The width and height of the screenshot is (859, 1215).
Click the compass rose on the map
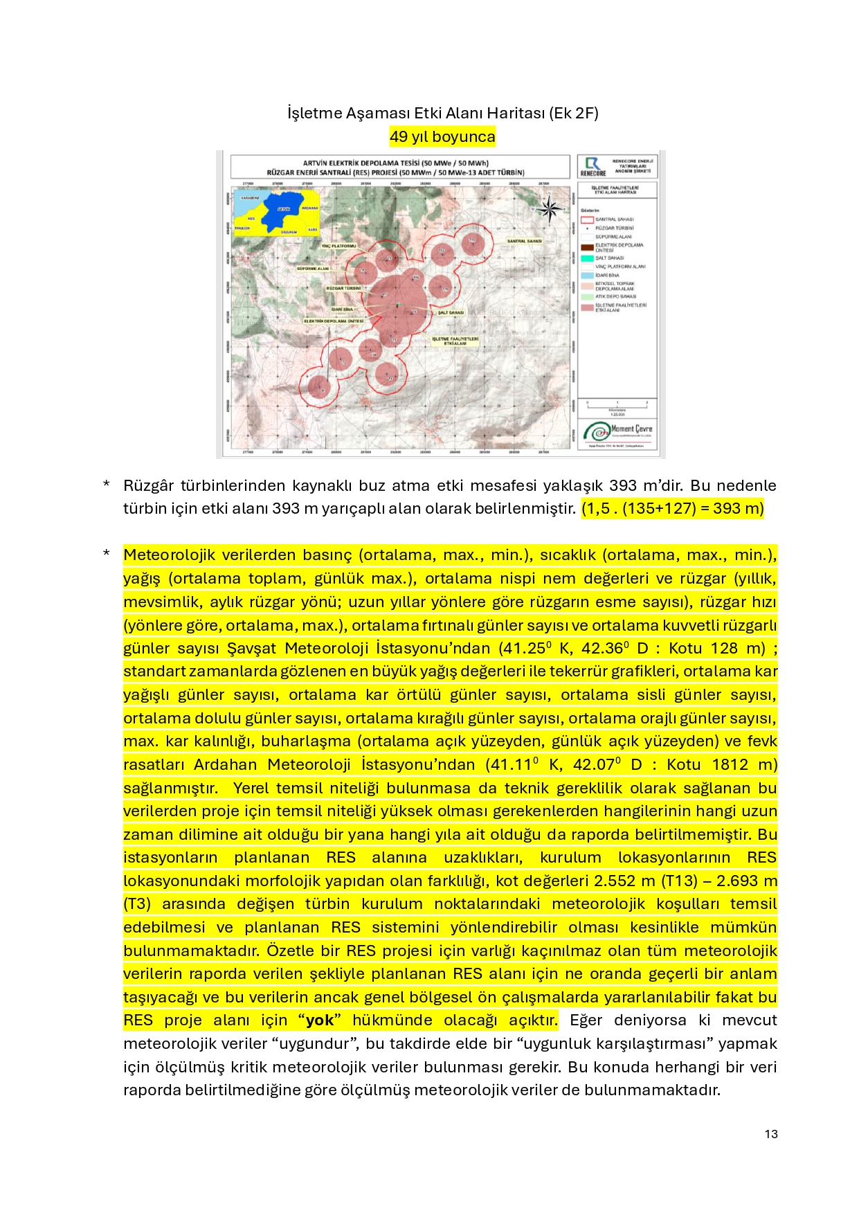(550, 209)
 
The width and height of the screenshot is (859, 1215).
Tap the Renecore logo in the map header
(593, 166)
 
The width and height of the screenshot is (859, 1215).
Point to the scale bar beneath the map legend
(617, 404)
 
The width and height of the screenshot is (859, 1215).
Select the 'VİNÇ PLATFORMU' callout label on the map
(338, 246)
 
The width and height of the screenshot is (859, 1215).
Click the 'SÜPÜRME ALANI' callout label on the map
(313, 269)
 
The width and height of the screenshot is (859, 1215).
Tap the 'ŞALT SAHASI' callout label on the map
(451, 312)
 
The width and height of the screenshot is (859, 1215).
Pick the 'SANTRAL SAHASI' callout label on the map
(524, 241)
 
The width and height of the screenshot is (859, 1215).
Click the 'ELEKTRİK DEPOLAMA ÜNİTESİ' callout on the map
(334, 321)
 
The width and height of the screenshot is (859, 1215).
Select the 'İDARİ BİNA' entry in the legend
(608, 276)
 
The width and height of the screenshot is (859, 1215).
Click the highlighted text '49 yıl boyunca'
(442, 136)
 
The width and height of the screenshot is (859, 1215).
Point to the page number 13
(771, 1134)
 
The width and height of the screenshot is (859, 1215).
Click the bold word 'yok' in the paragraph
(320, 1020)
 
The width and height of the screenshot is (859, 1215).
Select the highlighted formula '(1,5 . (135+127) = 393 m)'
(672, 509)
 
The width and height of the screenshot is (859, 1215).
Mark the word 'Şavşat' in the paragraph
(251, 649)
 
